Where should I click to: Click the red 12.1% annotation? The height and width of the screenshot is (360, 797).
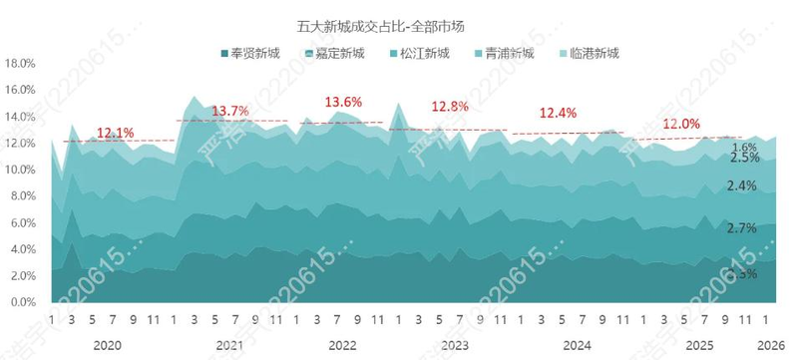point(116,133)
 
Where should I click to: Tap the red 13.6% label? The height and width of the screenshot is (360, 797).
point(344,102)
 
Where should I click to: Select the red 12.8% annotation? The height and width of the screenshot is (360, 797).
point(450,107)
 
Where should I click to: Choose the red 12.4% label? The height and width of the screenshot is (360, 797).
point(558,113)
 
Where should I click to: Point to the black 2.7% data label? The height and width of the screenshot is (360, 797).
point(743,228)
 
